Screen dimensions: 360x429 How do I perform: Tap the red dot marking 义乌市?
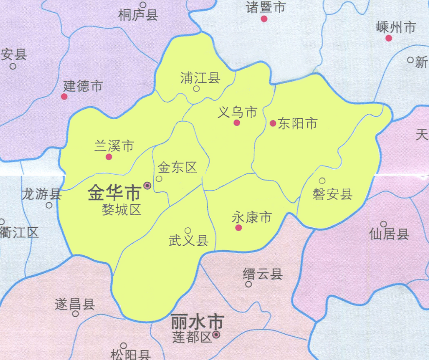pyautogui.click(x=237, y=123)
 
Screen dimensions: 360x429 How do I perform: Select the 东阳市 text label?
pyautogui.click(x=298, y=124)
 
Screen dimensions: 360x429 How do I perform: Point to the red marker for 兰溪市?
pyautogui.click(x=109, y=157)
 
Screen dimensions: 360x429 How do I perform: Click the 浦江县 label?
pyautogui.click(x=200, y=78)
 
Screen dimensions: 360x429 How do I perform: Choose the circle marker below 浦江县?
pyautogui.click(x=197, y=89)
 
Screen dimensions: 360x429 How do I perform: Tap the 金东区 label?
pyautogui.click(x=178, y=168)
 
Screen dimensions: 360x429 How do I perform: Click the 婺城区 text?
pyautogui.click(x=121, y=210)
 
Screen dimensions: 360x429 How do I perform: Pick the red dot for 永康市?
pyautogui.click(x=238, y=227)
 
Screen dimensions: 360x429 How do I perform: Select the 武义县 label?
pyautogui.click(x=188, y=240)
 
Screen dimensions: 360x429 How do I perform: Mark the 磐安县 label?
pyautogui.click(x=332, y=195)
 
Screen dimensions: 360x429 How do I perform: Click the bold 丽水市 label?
pyautogui.click(x=197, y=322)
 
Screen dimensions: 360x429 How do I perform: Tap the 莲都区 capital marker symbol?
pyautogui.click(x=216, y=335)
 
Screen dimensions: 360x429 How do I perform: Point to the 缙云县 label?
pyautogui.click(x=263, y=274)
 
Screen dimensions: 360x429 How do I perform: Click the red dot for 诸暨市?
pyautogui.click(x=264, y=19)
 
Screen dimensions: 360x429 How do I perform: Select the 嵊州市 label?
pyautogui.click(x=396, y=27)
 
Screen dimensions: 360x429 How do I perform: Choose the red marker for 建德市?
pyautogui.click(x=64, y=97)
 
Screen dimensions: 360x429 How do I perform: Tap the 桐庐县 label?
pyautogui.click(x=138, y=16)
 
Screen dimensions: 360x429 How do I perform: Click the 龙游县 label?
pyautogui.click(x=42, y=195)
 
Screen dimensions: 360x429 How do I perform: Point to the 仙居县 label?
pyautogui.click(x=389, y=234)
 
